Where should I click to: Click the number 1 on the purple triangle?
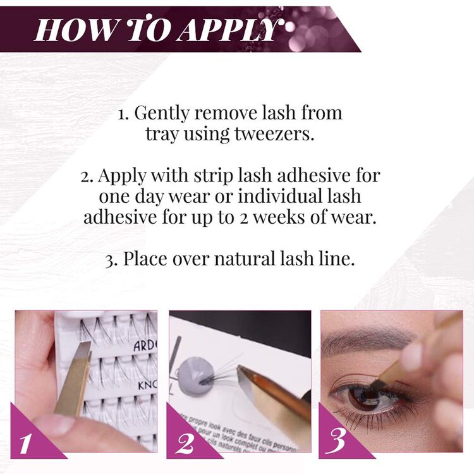click(x=26, y=442)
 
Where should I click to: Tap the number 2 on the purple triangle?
click(x=185, y=442)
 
